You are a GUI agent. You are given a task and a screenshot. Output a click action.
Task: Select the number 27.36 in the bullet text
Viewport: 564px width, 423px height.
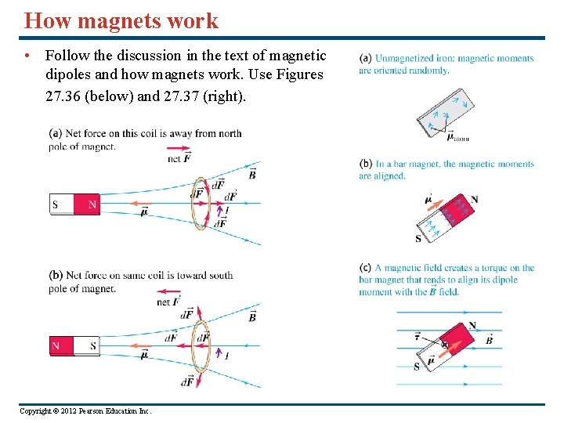click(x=63, y=97)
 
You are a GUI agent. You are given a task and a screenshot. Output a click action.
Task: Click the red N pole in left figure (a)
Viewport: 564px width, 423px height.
click(x=87, y=205)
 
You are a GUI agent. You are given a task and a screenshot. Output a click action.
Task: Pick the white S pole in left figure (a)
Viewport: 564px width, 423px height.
click(x=61, y=205)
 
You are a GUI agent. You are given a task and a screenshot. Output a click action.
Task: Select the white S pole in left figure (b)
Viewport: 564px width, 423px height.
click(x=87, y=345)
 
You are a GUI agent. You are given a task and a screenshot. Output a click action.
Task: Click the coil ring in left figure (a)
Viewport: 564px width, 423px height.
click(x=199, y=202)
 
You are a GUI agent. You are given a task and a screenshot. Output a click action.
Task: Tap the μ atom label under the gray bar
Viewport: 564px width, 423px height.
click(x=457, y=138)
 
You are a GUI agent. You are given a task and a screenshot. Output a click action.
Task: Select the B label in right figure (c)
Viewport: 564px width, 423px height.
click(x=490, y=341)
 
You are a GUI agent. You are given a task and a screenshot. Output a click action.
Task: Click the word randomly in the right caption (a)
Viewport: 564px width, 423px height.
click(x=432, y=70)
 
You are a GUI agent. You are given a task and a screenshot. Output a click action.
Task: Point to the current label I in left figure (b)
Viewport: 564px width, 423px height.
click(x=227, y=356)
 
